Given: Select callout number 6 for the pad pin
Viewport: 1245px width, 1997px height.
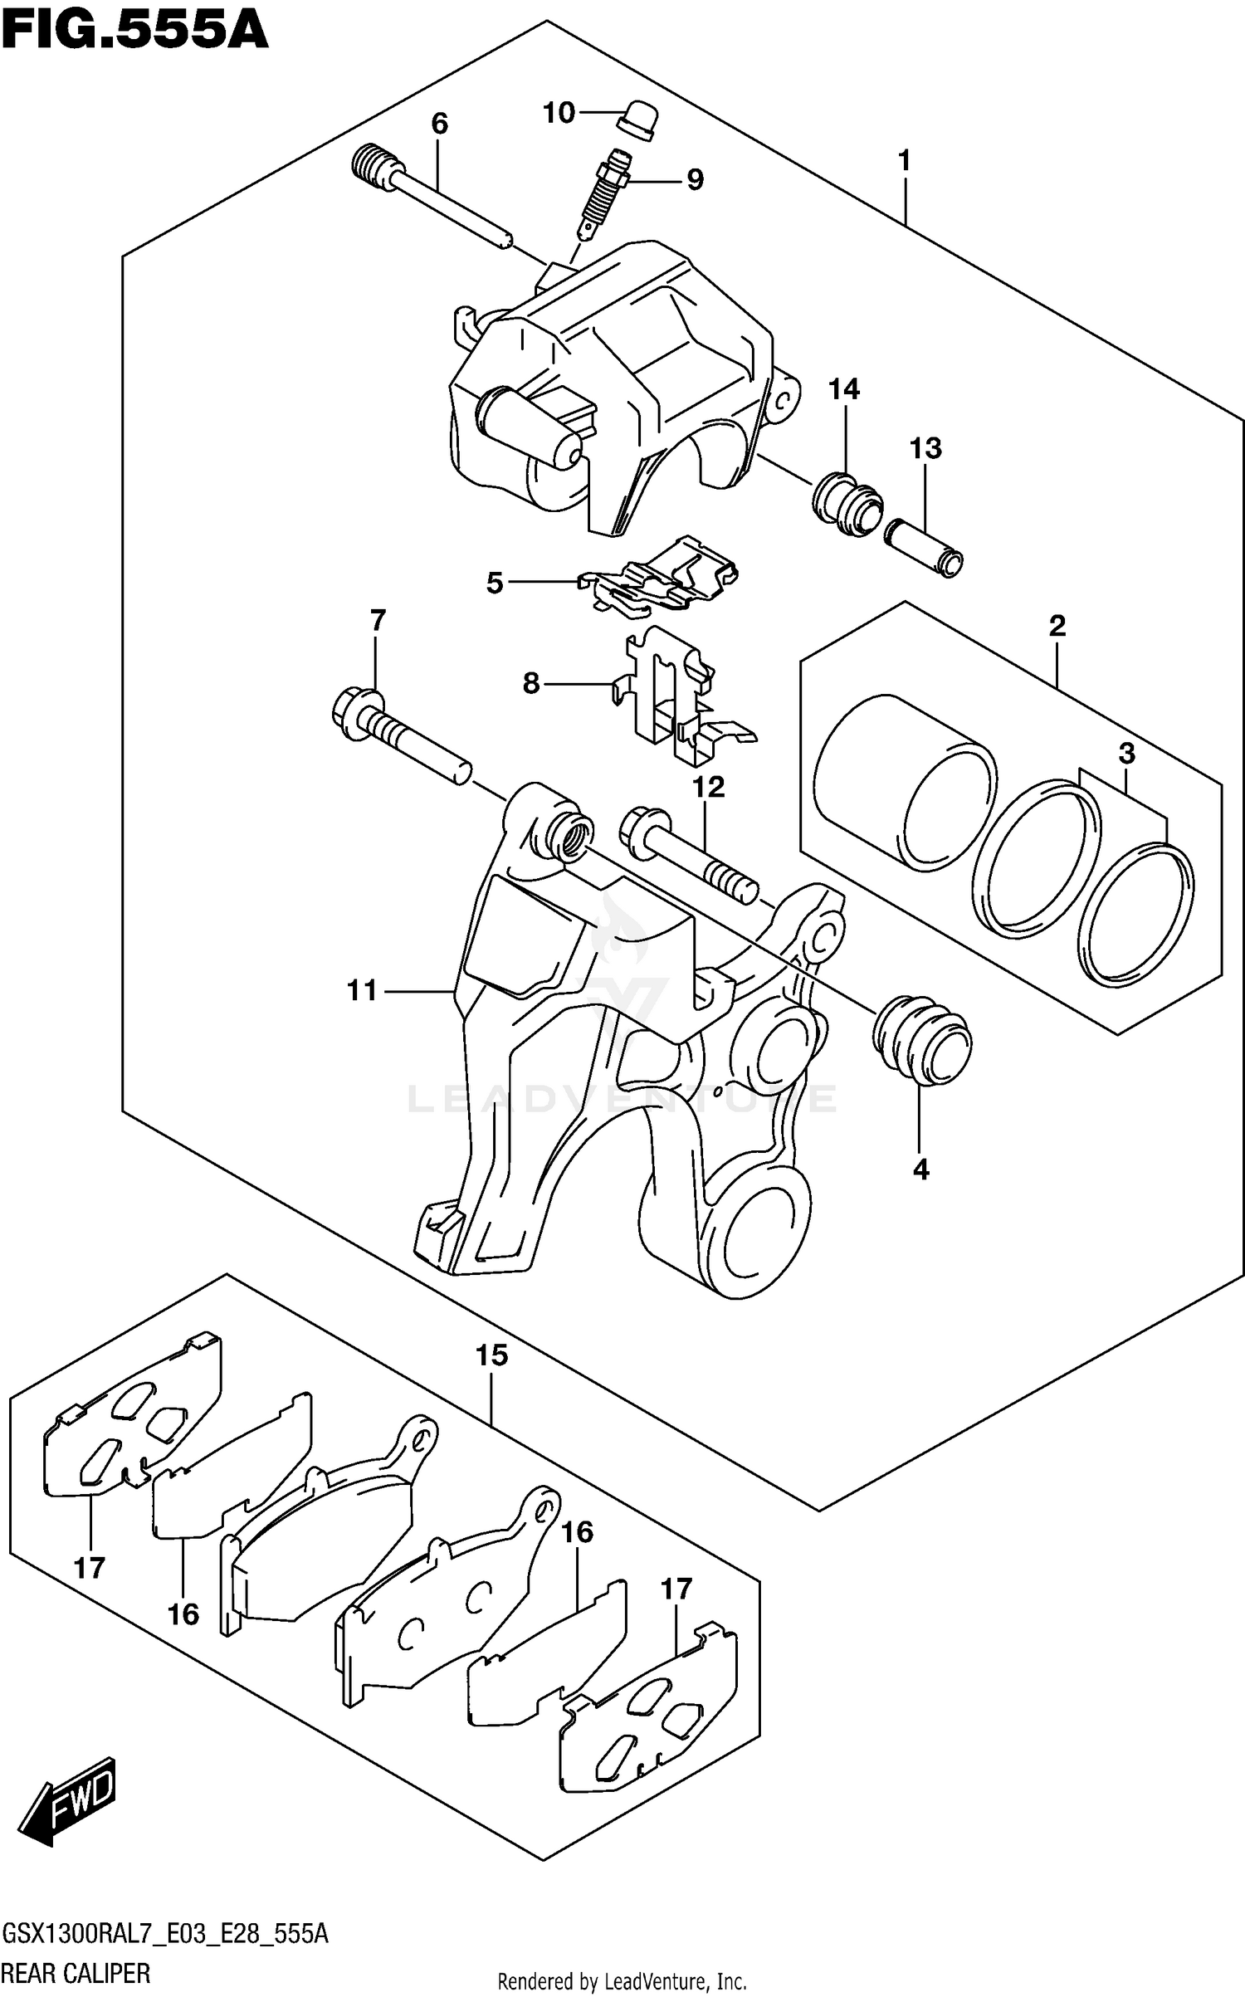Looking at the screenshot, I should coord(439,124).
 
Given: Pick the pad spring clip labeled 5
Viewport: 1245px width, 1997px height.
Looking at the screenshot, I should coord(660,574).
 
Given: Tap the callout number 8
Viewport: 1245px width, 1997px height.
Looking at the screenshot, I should coord(531,683).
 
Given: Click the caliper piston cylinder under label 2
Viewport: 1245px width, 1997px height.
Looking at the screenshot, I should coord(905,780).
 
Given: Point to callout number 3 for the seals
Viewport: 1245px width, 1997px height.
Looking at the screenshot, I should coord(1125,754).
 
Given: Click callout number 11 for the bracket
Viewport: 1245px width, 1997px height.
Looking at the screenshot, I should coord(362,990).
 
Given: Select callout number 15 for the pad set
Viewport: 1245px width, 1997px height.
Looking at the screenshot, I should coord(491,1356).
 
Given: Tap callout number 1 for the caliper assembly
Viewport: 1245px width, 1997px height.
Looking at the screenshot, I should coord(904,160).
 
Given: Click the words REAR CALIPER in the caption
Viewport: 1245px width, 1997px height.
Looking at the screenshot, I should coord(76,1972).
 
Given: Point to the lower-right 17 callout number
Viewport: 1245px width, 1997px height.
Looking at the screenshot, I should coord(676,1589).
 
